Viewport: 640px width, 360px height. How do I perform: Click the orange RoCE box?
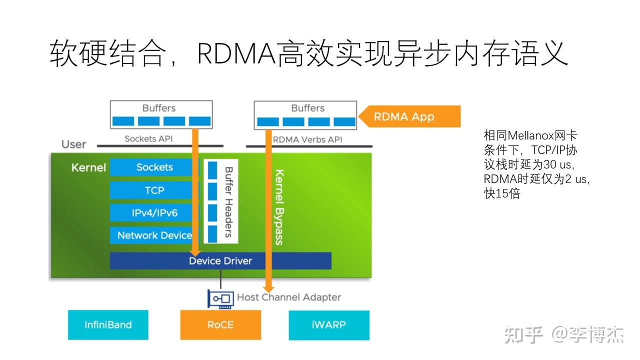(x=220, y=325)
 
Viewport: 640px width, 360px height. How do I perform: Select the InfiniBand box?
(x=108, y=325)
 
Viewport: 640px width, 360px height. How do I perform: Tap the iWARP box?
(x=329, y=325)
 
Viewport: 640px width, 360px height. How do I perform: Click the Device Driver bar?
(x=220, y=260)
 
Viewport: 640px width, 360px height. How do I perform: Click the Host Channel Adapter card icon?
(x=221, y=298)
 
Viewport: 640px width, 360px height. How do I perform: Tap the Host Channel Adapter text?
(x=289, y=297)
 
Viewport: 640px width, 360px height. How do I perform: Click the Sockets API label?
(x=148, y=138)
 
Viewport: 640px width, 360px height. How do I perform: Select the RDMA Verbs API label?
(x=307, y=139)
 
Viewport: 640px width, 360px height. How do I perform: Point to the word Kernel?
(x=88, y=167)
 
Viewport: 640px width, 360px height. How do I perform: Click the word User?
(x=74, y=144)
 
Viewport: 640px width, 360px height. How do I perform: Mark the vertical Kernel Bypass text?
(x=279, y=207)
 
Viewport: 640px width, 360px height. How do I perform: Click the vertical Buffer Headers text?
(x=228, y=201)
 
